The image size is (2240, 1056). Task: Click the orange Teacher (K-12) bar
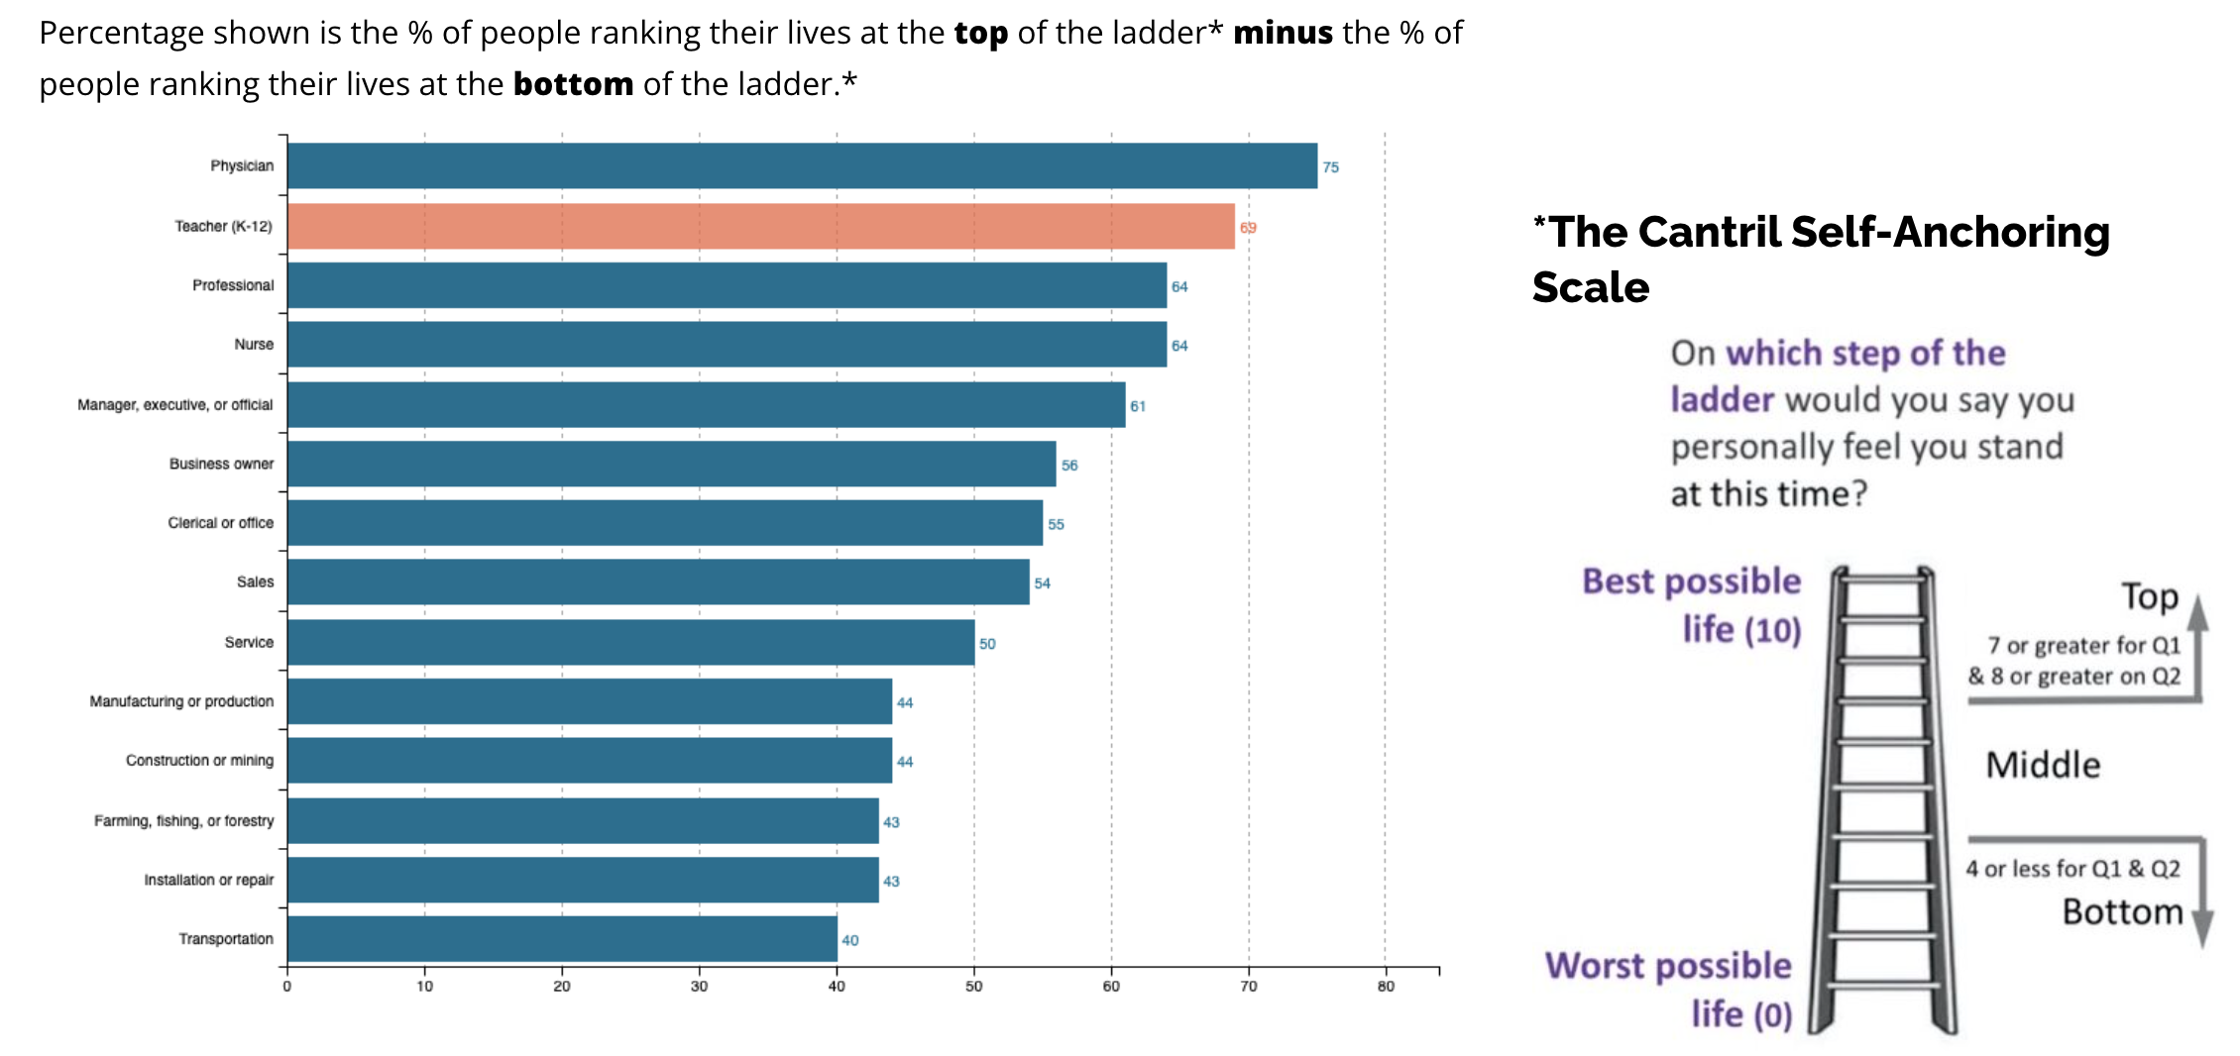tap(761, 226)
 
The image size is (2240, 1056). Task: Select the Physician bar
tap(803, 165)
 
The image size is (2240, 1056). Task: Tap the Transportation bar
tap(562, 938)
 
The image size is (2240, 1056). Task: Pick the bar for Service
tap(630, 642)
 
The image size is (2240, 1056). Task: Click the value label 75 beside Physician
tap(1330, 167)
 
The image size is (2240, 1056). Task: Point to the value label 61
tap(1138, 406)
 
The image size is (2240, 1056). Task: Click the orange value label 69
tap(1248, 228)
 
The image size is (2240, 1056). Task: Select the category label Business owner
tap(221, 464)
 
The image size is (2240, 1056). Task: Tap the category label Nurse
tap(254, 344)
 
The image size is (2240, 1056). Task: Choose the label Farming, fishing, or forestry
tap(184, 820)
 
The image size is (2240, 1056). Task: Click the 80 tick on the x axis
tap(1386, 986)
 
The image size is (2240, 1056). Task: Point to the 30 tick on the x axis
tap(700, 986)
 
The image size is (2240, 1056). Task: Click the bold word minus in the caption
tap(1283, 33)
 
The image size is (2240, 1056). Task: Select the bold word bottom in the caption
tap(573, 84)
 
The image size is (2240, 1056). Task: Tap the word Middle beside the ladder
tap(2043, 765)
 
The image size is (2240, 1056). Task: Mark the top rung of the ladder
tap(1882, 579)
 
